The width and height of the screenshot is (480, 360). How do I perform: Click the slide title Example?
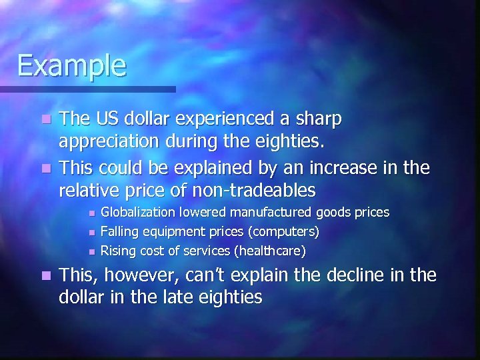[x=71, y=65]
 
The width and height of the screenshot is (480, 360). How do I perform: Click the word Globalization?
[x=141, y=213]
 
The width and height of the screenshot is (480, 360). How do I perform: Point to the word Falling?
[x=117, y=232]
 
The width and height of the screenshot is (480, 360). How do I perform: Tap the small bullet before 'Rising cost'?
[x=91, y=252]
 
